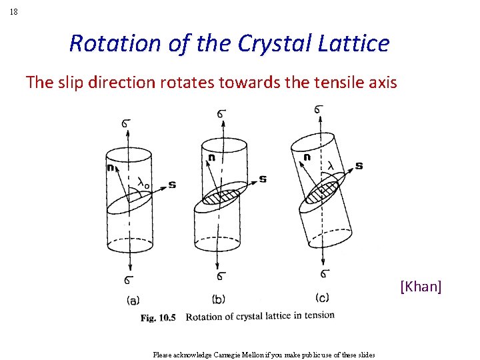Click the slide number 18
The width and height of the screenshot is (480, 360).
point(14,12)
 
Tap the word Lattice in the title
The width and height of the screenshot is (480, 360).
point(355,43)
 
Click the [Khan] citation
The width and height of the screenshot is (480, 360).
point(421,287)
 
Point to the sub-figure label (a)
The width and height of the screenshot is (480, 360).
point(133,300)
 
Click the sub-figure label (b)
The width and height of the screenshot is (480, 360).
point(218,299)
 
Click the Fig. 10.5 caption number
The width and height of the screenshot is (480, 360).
point(158,318)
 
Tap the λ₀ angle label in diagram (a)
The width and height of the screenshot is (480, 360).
point(143,181)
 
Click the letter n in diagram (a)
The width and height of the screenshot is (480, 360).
point(110,167)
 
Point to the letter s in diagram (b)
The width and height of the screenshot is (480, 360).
point(263,179)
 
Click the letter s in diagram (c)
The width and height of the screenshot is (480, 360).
point(359,165)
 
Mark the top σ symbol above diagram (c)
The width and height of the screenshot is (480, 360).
point(320,109)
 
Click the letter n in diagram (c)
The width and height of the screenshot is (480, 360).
point(307,157)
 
